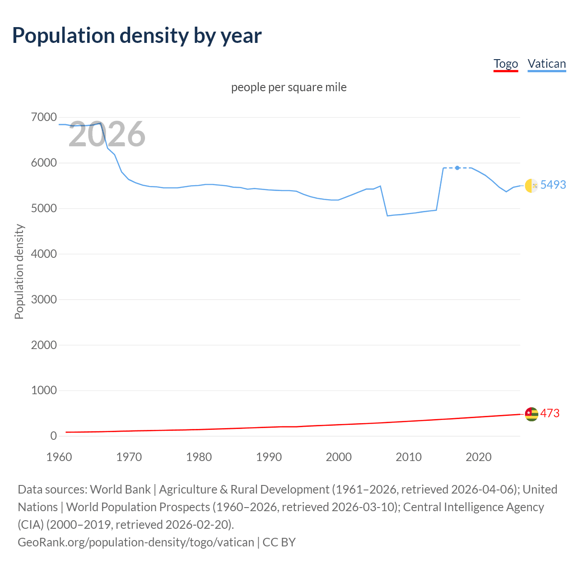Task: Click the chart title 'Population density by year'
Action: [x=137, y=36]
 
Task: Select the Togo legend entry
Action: [x=505, y=64]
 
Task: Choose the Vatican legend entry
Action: [x=546, y=64]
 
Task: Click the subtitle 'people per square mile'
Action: [x=289, y=87]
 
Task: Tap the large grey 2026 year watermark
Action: [x=107, y=134]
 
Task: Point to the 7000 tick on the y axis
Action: [x=44, y=117]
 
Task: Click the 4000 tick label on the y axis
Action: [x=44, y=254]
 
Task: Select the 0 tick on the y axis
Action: [x=54, y=436]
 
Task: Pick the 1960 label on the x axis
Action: [x=59, y=457]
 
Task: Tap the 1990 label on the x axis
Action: [x=269, y=457]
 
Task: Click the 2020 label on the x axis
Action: [x=478, y=457]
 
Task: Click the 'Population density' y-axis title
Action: [x=19, y=272]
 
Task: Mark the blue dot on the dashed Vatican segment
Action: [x=457, y=168]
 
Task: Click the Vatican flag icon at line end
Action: [x=531, y=185]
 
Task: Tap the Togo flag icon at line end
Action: [x=531, y=414]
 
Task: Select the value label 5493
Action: [x=553, y=185]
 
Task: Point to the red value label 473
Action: [x=550, y=413]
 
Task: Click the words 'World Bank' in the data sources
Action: [x=121, y=489]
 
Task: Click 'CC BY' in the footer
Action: [x=279, y=542]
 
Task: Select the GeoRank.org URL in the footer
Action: [x=135, y=542]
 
